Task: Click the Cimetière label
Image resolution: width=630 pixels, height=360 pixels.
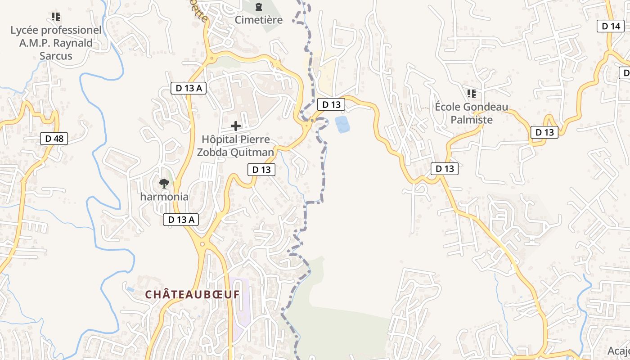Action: point(259,20)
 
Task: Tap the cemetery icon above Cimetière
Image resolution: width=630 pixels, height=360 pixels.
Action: point(259,7)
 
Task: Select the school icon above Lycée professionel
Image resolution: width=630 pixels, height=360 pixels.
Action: point(56,17)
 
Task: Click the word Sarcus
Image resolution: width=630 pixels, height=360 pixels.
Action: point(56,56)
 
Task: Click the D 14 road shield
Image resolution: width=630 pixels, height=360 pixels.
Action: point(611,26)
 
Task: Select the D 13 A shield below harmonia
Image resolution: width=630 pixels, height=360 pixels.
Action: point(180,220)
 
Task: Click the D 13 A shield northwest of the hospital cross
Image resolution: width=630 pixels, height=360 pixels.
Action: point(189,88)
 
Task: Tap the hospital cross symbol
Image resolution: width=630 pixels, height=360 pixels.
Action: point(235,126)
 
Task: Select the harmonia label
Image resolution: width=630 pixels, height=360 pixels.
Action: point(164,197)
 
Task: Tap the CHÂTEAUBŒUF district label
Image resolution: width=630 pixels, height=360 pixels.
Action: point(192,295)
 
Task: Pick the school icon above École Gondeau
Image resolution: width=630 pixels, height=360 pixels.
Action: point(471,94)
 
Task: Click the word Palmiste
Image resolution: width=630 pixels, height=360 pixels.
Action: point(472,120)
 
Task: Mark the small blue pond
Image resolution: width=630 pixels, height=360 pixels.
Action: point(342,124)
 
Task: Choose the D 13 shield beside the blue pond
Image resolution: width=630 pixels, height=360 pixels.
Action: point(331,104)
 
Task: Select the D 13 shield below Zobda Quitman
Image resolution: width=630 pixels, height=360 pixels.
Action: point(261,170)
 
